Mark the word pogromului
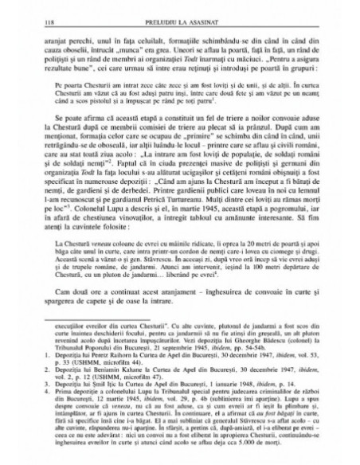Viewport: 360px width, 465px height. pyautogui.click(x=279, y=209)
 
